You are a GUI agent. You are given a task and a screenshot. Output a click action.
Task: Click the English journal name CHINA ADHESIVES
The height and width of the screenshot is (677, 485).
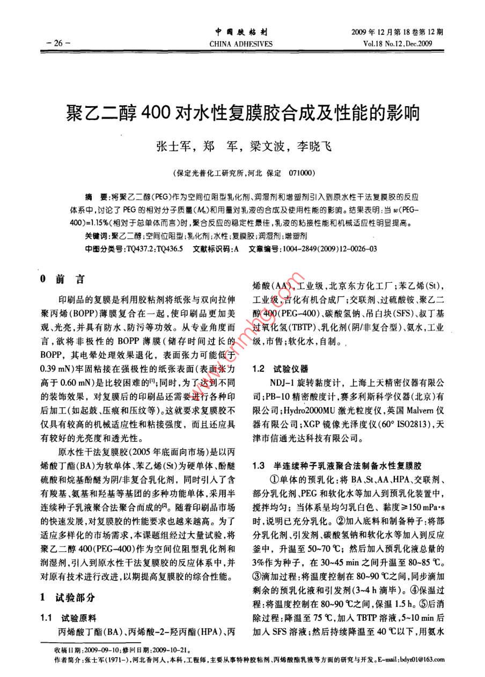point(241,43)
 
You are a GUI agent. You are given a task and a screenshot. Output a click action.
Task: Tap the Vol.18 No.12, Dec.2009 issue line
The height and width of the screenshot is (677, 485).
point(399,43)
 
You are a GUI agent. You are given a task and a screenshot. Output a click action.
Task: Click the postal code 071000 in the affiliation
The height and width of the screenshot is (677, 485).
point(302,174)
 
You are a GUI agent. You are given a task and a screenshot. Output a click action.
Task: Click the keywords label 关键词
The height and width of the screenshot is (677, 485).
point(96,236)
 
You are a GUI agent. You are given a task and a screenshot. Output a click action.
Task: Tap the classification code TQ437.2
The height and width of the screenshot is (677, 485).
point(139,249)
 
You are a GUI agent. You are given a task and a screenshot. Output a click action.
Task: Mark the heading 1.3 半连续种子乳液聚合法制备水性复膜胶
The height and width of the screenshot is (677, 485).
point(337,463)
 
